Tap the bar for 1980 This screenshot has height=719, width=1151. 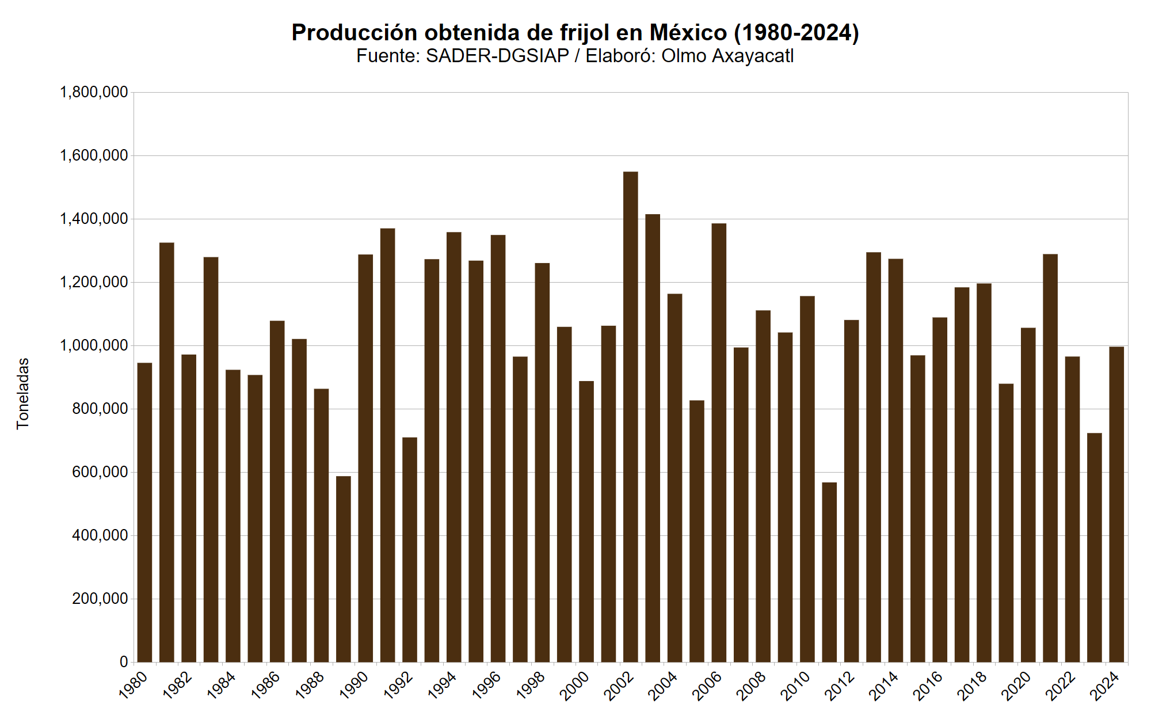click(x=144, y=512)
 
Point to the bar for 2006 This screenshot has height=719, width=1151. click(x=719, y=443)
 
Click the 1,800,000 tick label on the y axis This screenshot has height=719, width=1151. click(x=94, y=92)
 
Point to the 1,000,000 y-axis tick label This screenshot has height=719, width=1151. click(x=94, y=345)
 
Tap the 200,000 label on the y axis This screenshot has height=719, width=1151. click(x=100, y=599)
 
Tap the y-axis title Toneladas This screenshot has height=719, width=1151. click(x=22, y=394)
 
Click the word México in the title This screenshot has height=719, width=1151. click(x=688, y=33)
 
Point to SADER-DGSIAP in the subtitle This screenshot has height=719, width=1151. click(x=497, y=56)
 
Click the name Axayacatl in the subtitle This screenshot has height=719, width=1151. click(x=753, y=56)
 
